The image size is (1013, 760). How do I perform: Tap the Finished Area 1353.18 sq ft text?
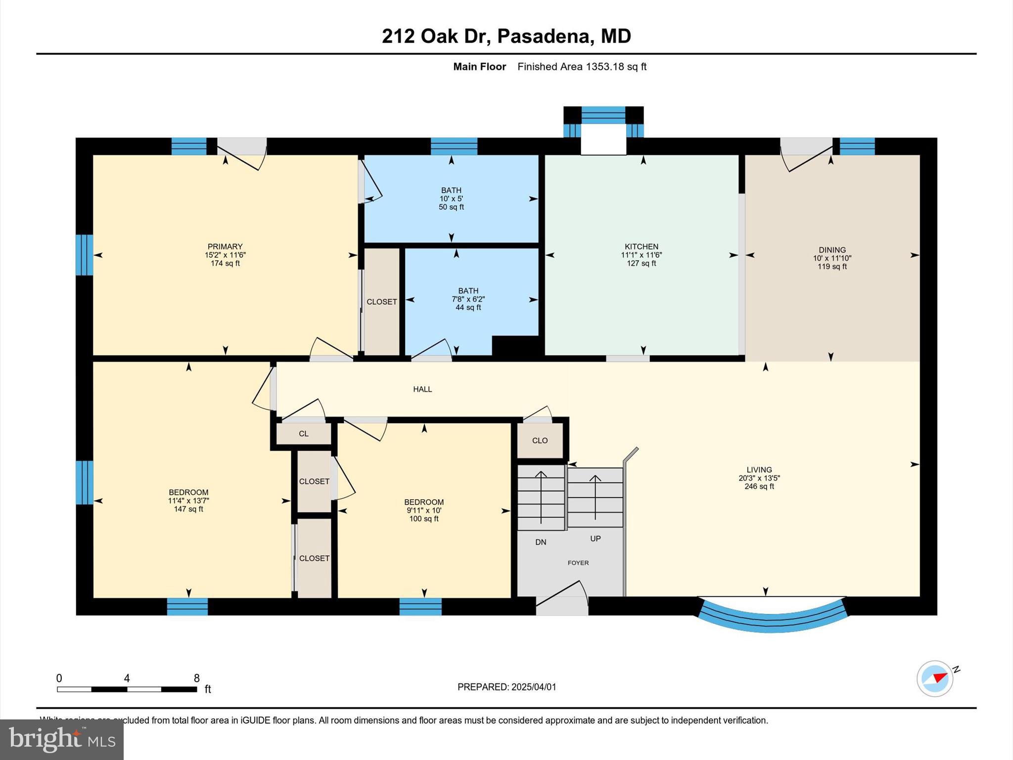582,67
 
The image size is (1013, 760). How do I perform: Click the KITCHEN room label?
641,246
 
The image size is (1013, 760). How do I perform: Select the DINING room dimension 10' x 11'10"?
832,258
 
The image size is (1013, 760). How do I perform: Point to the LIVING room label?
759,470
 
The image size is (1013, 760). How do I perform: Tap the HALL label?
422,389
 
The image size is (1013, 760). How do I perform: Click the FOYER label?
578,563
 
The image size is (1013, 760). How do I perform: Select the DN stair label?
541,542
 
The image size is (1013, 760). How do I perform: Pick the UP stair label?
595,538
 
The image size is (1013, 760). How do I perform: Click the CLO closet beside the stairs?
540,440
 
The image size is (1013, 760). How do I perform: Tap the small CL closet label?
304,434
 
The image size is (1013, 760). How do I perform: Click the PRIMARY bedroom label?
225,246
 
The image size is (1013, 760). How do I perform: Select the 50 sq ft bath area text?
451,207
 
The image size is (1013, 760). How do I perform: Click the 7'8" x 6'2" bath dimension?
468,299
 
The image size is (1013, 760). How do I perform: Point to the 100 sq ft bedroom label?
424,519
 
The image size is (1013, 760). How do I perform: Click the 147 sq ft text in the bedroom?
188,509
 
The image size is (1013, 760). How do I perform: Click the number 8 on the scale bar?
196,678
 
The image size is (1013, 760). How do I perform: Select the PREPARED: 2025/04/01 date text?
506,687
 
